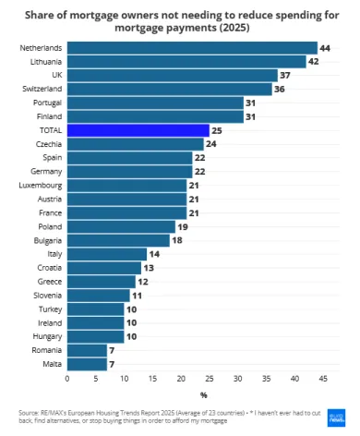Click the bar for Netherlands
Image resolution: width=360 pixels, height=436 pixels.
tap(191, 47)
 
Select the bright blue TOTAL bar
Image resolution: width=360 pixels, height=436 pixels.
tap(138, 130)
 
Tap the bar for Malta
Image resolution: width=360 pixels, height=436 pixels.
tap(87, 365)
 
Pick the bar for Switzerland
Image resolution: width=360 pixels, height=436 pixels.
tap(169, 89)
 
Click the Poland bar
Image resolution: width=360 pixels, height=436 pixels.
tap(121, 226)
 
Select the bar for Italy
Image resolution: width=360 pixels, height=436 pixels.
tap(106, 254)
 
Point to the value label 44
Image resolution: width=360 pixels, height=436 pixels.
tap(325, 47)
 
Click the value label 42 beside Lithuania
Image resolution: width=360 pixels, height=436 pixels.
tap(314, 61)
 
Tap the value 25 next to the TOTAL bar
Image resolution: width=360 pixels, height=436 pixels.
tap(217, 130)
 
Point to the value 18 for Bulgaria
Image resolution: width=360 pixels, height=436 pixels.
tap(177, 240)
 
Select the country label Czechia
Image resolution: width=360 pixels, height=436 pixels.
tap(49, 144)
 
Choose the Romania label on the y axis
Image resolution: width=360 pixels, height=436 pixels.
tap(47, 351)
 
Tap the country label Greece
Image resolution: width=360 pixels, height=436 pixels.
tap(49, 282)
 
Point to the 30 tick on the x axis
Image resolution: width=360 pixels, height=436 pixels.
tap(238, 379)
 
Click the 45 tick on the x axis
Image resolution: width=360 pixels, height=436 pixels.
tap(323, 379)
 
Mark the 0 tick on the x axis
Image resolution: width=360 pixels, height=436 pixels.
tap(67, 379)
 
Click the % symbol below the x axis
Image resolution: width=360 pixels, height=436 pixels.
tap(203, 394)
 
